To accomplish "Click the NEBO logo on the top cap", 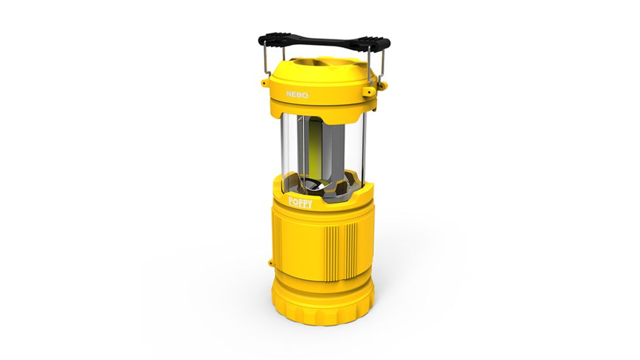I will click(x=297, y=95).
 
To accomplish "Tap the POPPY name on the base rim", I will click(x=300, y=203).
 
